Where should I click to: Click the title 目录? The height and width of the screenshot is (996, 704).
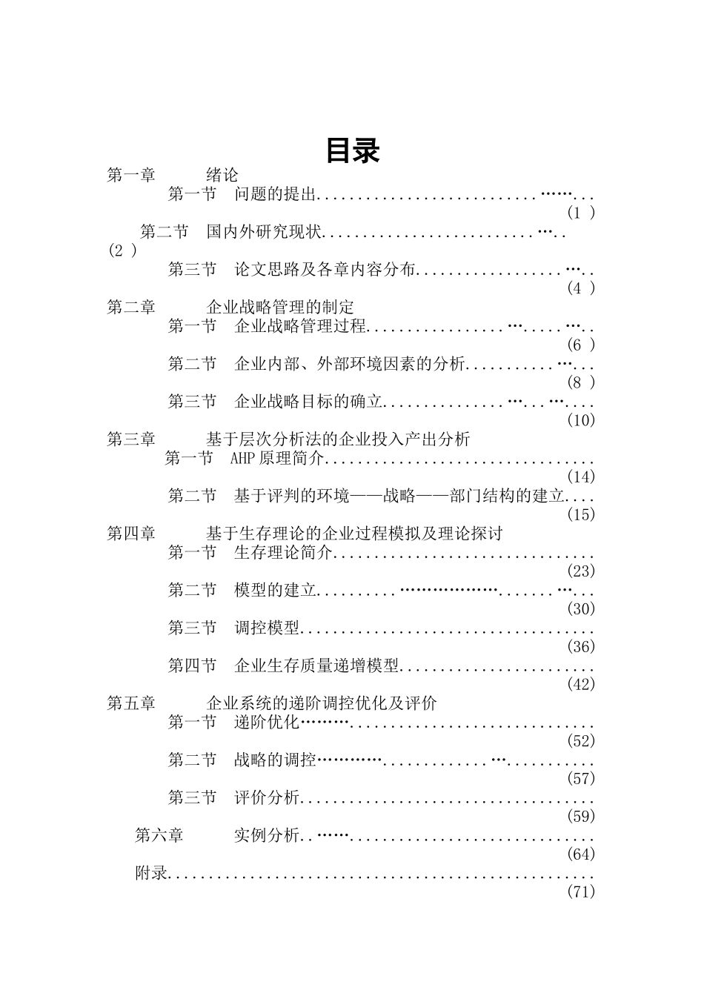352,150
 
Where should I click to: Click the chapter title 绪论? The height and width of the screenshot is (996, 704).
222,176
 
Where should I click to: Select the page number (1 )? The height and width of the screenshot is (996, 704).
581,213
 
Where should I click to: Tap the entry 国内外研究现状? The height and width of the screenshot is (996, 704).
264,232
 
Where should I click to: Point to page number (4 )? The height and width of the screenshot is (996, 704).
581,288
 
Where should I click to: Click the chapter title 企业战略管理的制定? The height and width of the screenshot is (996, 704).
280,308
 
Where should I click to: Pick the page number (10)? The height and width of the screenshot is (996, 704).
581,420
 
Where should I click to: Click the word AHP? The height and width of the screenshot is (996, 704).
242,459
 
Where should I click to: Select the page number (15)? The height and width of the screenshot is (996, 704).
581,514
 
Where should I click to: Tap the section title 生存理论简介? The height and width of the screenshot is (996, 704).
283,553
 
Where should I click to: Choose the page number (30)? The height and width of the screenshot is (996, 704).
581,609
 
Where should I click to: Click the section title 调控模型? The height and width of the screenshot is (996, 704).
267,628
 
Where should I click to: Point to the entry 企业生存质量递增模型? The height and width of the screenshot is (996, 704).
316,665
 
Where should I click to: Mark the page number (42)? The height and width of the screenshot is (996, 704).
581,685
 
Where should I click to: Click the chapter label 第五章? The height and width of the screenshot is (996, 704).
131,703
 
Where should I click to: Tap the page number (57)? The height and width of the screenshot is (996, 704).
581,779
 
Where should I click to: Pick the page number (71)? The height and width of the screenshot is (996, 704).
581,892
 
